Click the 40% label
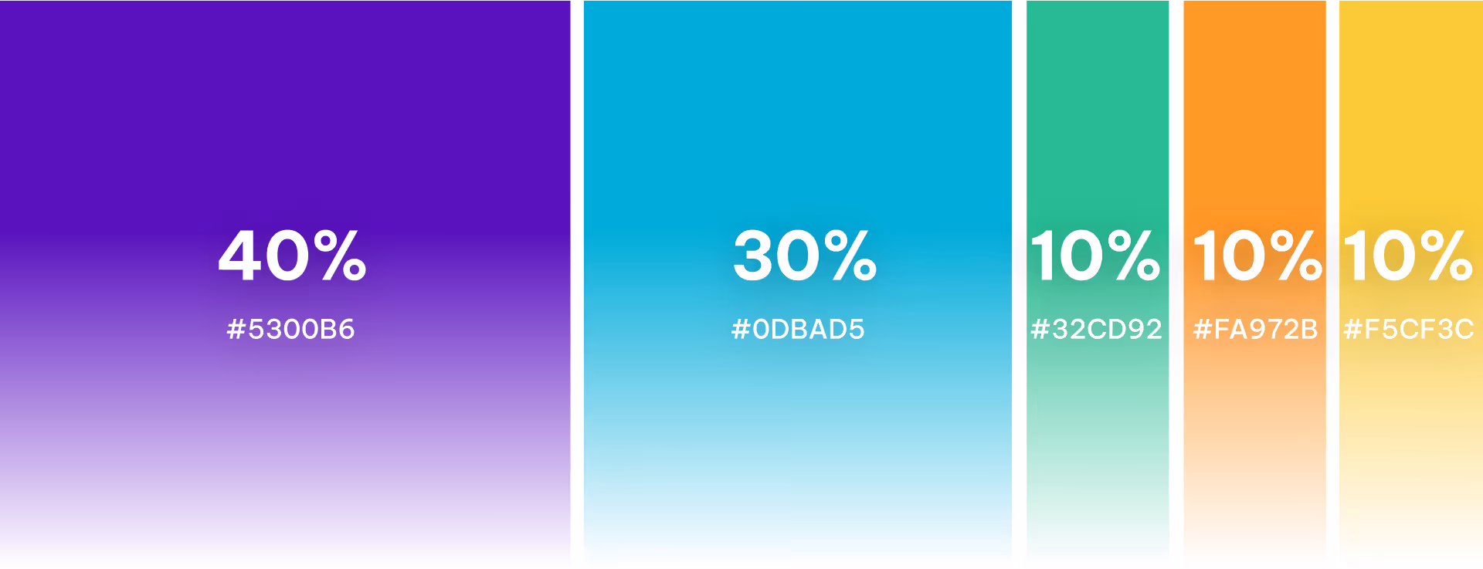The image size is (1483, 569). (x=292, y=256)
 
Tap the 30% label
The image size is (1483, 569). (x=804, y=256)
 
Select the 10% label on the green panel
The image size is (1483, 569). (x=1095, y=256)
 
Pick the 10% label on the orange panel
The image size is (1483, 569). (x=1257, y=256)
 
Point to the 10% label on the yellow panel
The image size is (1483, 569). (x=1408, y=256)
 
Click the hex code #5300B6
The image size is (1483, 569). (x=290, y=330)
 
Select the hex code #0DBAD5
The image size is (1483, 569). (x=798, y=330)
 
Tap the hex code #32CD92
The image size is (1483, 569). (x=1096, y=330)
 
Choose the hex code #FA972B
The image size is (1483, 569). (x=1255, y=330)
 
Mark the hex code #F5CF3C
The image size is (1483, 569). (x=1409, y=330)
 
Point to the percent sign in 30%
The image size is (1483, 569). (x=850, y=256)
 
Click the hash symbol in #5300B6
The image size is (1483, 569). (x=236, y=330)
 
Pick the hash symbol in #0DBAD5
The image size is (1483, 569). (x=741, y=330)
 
